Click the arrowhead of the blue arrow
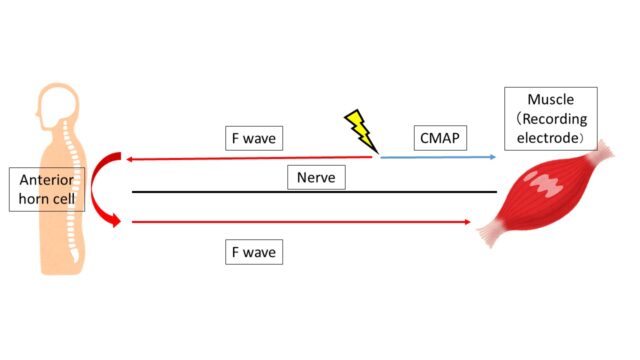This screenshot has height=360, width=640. tap(491, 157)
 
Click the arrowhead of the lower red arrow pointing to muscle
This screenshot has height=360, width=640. tap(466, 222)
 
